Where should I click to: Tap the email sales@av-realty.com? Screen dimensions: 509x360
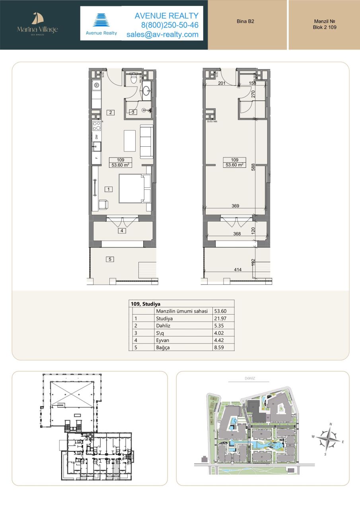coord(162,35)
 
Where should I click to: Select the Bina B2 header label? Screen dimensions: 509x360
coord(245,22)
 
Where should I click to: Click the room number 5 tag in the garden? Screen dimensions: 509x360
coord(111,259)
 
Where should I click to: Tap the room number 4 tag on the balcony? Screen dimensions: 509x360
coord(122,230)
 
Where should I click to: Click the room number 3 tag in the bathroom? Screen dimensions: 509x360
coord(134,112)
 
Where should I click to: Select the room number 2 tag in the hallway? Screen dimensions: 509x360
coord(111,112)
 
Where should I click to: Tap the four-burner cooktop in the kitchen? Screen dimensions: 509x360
coord(97,126)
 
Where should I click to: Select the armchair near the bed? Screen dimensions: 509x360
coord(103,204)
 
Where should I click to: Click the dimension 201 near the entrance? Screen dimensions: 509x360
coord(222,84)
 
